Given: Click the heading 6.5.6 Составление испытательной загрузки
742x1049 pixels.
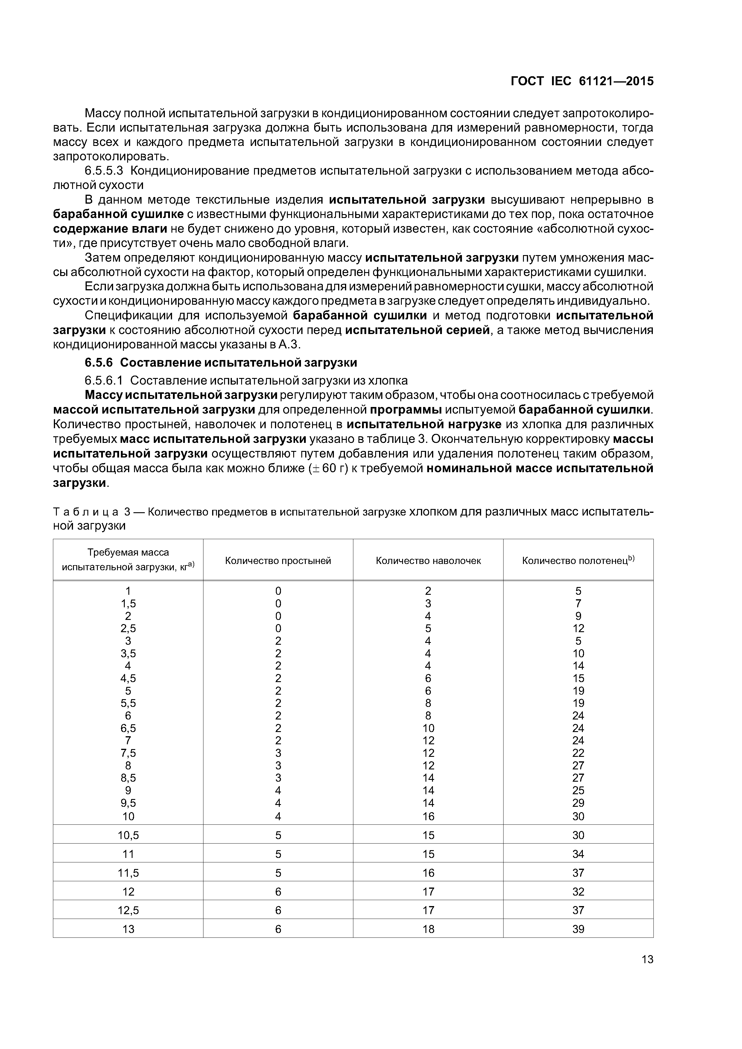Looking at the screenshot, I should point(221,363).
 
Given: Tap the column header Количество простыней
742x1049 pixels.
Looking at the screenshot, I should point(278,561).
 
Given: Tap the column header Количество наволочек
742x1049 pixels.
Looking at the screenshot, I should point(428,561).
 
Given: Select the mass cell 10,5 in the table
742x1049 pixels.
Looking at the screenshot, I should point(128,835).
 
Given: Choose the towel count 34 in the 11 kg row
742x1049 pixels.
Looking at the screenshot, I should point(578,854).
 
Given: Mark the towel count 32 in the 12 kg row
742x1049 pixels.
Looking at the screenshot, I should point(578,891).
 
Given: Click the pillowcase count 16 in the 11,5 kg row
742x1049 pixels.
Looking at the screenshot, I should point(428,873).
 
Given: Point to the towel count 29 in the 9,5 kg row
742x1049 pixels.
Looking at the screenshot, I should point(578,803).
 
